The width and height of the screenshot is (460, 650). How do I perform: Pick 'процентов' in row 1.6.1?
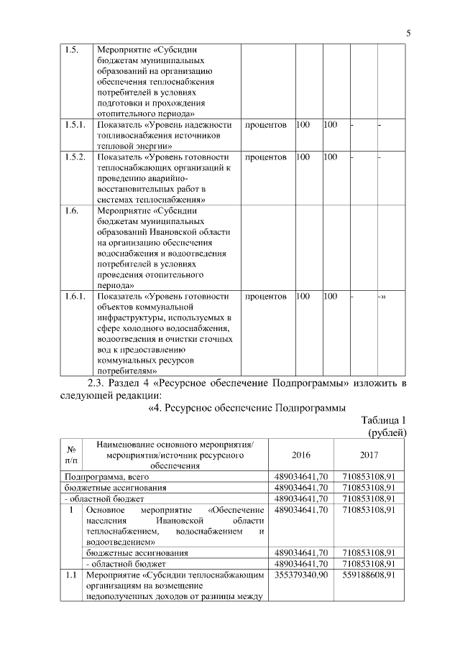266,296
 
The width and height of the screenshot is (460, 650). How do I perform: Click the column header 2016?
301,455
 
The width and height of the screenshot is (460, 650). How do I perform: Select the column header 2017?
369,455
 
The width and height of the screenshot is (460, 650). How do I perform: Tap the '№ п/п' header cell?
71,455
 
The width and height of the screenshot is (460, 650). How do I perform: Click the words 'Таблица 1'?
384,421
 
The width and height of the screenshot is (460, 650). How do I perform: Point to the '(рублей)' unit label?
387,433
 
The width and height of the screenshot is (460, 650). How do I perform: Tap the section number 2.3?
97,382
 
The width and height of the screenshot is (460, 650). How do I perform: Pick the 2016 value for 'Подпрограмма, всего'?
301,477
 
